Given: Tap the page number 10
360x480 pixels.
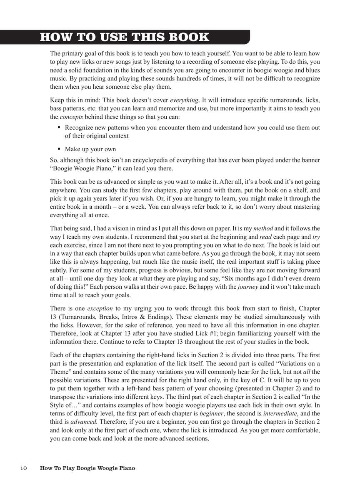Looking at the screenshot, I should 24,468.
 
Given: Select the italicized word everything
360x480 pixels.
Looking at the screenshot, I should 184,100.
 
